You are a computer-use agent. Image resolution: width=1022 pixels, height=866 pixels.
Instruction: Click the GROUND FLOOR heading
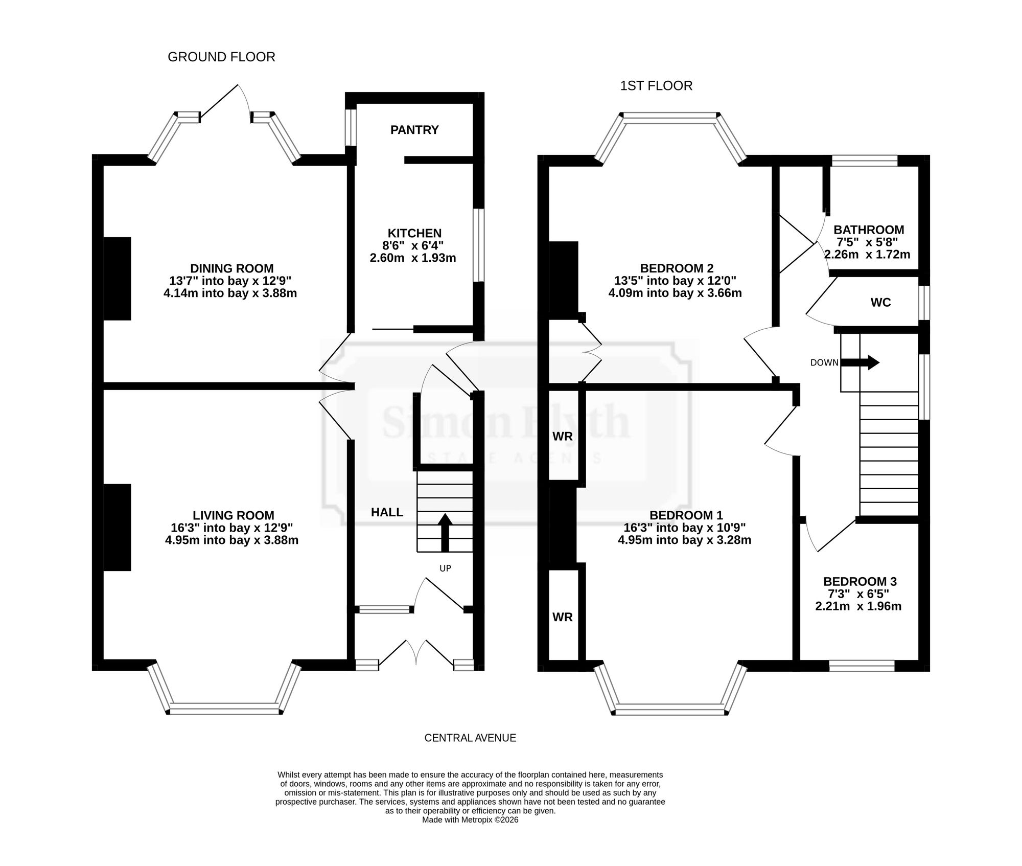pos(221,57)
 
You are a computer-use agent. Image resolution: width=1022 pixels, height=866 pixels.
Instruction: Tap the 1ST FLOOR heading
pos(656,86)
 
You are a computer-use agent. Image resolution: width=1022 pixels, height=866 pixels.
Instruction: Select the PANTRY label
pos(414,130)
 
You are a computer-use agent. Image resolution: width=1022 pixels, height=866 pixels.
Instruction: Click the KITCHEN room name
pos(414,233)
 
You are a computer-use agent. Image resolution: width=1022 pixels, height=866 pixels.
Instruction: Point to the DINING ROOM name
pos(232,268)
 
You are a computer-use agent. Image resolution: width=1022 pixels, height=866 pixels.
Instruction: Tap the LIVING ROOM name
pos(234,516)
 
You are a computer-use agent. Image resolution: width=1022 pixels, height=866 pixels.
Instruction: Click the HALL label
pos(387,512)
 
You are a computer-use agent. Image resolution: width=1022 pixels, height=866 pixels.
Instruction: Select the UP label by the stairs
pos(445,568)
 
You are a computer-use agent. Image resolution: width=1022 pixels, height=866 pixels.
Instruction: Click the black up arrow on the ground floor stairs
pos(445,532)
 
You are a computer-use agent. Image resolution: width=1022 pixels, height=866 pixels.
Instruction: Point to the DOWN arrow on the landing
pos(860,363)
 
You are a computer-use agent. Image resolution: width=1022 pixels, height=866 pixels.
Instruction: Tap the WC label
pos(880,303)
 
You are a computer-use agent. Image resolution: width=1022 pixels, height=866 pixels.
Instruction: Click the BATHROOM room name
pos(869,230)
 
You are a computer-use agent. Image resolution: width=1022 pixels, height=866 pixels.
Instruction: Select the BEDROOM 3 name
pos(860,582)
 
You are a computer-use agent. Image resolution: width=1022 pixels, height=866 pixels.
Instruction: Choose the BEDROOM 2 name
pos(677,268)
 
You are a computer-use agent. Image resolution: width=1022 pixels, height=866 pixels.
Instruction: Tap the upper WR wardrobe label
pos(563,437)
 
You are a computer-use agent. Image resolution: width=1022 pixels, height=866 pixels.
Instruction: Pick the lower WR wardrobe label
pos(563,617)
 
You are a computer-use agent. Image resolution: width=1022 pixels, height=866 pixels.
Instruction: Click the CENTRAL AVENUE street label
pos(470,738)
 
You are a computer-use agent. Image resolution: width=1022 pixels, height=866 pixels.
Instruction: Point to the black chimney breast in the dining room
pos(117,279)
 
